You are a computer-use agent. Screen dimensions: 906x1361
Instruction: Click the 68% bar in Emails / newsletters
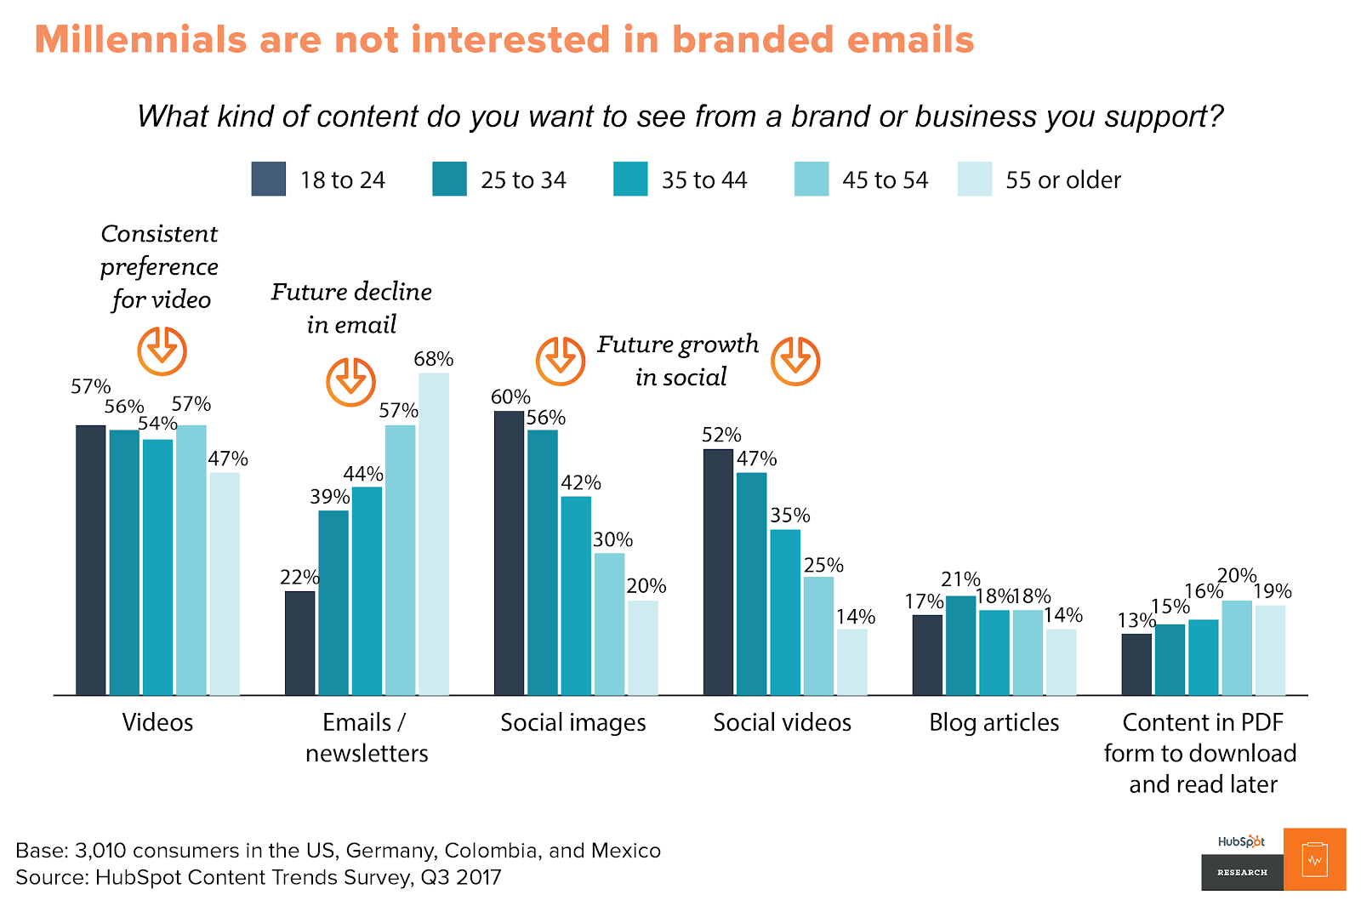[434, 534]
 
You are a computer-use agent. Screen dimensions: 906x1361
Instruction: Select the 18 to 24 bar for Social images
[509, 553]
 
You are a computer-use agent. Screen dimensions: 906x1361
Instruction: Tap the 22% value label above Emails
[299, 578]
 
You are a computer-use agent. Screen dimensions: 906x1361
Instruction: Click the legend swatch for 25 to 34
[449, 179]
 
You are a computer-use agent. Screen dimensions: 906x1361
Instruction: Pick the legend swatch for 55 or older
[974, 179]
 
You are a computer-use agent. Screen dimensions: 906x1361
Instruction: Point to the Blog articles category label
[994, 723]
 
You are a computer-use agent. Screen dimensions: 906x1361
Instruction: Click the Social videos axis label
[782, 723]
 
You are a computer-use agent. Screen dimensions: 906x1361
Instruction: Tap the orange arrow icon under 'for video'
[162, 350]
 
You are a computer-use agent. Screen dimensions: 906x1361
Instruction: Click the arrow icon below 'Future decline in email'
[350, 381]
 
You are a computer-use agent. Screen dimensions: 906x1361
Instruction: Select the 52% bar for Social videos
[718, 572]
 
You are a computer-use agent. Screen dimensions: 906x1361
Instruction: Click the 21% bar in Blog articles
[960, 646]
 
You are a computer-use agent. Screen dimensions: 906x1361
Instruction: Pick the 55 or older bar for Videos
[225, 584]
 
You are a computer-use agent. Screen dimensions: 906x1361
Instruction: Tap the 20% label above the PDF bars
[1237, 576]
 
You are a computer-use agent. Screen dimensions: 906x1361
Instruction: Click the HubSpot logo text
[1241, 841]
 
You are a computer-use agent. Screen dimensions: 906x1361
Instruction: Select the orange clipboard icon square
[1314, 859]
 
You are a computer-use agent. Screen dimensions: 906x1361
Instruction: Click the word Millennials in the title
[141, 40]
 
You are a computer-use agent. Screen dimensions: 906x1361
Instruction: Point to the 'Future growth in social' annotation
[679, 360]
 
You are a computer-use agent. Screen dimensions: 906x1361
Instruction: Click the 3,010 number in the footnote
[100, 851]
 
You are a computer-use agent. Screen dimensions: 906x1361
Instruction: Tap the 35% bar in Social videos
[785, 613]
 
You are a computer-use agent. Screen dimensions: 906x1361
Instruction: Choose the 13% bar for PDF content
[1136, 664]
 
